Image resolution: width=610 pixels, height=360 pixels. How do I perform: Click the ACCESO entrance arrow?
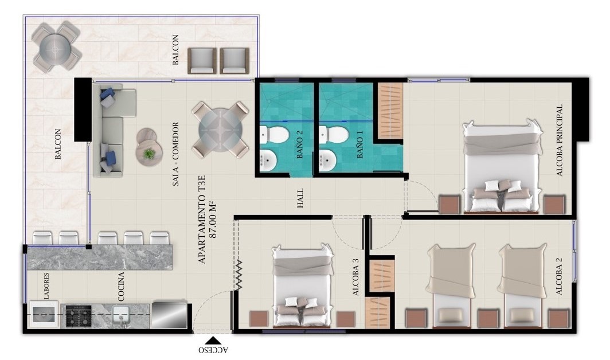(x=213, y=341)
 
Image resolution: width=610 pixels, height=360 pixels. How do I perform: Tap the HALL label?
(x=300, y=198)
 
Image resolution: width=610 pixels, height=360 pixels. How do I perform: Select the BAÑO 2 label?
(x=299, y=144)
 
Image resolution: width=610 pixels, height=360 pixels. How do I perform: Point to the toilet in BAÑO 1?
(x=334, y=134)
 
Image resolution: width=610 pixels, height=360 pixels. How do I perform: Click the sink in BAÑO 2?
(x=268, y=161)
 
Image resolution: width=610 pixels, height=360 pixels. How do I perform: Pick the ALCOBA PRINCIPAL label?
(x=560, y=140)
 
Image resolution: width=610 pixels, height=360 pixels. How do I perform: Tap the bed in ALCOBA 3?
(x=303, y=285)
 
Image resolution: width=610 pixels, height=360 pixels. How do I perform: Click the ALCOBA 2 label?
(x=559, y=276)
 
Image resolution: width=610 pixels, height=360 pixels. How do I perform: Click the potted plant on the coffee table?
(x=148, y=154)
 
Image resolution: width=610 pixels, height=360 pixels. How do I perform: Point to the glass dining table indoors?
(x=220, y=130)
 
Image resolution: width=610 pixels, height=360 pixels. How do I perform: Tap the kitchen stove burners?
(x=79, y=316)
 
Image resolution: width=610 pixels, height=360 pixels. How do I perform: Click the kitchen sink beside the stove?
(x=121, y=315)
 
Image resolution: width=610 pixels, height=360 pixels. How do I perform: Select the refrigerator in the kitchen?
(x=170, y=314)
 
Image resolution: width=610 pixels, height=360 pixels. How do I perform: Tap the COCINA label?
(x=121, y=287)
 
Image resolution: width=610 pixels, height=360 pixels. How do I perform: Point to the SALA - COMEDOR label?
(x=175, y=154)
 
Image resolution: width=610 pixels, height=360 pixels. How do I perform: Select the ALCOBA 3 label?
(x=355, y=277)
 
